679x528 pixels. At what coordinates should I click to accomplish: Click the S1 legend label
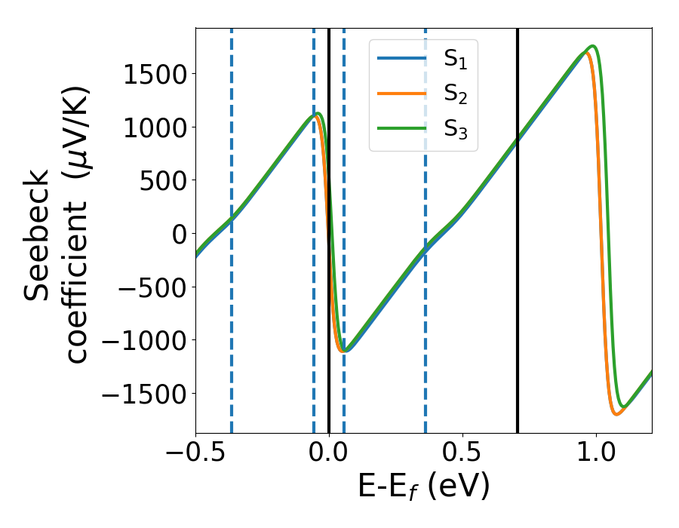pyautogui.click(x=453, y=59)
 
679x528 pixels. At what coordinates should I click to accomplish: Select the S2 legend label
pyautogui.click(x=453, y=95)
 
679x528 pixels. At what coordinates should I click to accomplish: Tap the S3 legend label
pyautogui.click(x=453, y=131)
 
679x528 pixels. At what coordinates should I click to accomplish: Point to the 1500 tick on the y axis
pyautogui.click(x=158, y=74)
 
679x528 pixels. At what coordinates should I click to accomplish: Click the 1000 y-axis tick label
pyautogui.click(x=158, y=127)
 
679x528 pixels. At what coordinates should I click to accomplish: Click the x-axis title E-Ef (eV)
pyautogui.click(x=423, y=487)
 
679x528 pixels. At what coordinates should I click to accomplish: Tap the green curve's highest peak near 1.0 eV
pyautogui.click(x=594, y=47)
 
